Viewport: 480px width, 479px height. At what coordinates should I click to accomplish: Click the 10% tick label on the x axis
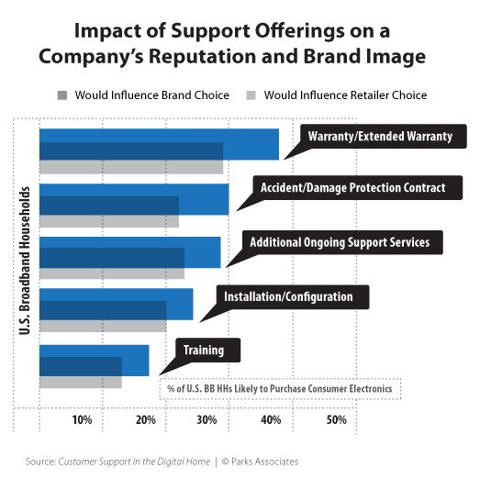tap(82, 420)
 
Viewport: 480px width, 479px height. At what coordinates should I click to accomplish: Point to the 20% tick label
tap(145, 420)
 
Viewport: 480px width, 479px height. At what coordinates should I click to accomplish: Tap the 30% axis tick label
tap(208, 420)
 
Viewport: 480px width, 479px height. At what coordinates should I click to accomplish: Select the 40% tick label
tap(272, 420)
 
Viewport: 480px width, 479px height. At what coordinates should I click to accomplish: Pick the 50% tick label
tap(336, 420)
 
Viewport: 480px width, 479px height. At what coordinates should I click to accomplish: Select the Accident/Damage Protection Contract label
tap(352, 187)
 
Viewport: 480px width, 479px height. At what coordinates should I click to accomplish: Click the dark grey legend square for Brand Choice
tap(61, 95)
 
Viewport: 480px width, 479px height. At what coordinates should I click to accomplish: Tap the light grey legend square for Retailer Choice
tap(250, 95)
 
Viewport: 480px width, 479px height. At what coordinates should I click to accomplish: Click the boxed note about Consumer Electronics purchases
tap(280, 388)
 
